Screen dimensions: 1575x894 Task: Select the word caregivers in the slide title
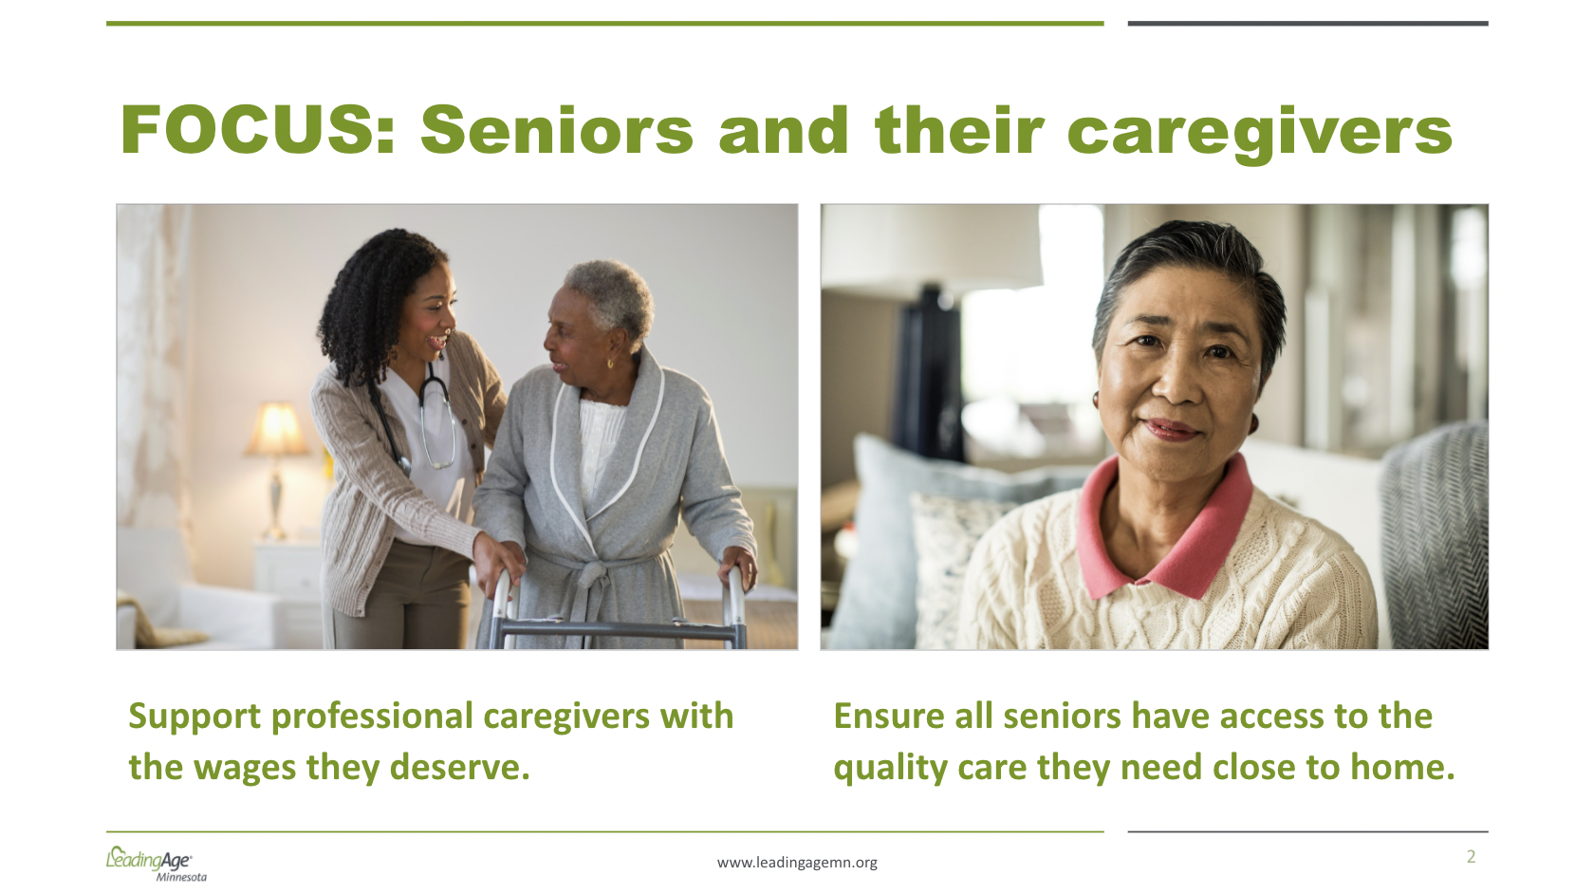click(1260, 135)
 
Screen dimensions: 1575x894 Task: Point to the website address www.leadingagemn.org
click(797, 863)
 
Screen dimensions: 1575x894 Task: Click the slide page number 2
click(1471, 857)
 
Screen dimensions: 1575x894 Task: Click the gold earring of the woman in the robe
click(610, 363)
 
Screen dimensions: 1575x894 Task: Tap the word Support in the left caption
click(195, 717)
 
